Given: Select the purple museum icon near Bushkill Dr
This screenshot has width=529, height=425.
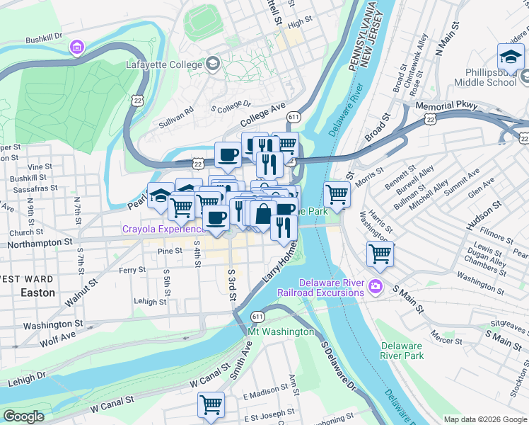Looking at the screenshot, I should tap(76, 47).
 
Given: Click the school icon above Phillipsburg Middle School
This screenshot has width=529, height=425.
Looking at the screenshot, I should tap(510, 55).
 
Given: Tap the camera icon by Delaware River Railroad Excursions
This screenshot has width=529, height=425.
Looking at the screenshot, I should tap(374, 287).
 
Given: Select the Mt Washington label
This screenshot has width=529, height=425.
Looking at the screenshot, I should tap(281, 331).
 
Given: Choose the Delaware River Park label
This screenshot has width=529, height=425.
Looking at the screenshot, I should tap(402, 351).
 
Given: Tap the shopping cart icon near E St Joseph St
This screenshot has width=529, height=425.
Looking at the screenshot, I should tap(211, 404).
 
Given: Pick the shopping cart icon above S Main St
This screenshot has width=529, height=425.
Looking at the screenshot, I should tap(380, 254).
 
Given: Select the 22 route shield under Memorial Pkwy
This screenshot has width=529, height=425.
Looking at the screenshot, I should tap(429, 121).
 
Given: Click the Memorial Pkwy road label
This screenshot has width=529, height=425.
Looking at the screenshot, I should tap(447, 106).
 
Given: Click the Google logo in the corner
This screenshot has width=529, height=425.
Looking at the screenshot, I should tap(23, 416).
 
